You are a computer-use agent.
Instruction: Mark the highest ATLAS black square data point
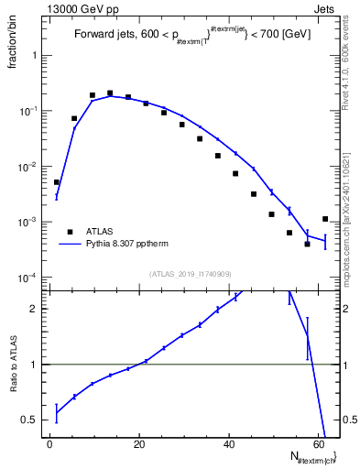click(110, 93)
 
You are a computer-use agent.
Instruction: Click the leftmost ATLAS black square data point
click(57, 182)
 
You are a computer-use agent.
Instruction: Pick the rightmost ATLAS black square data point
click(325, 219)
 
